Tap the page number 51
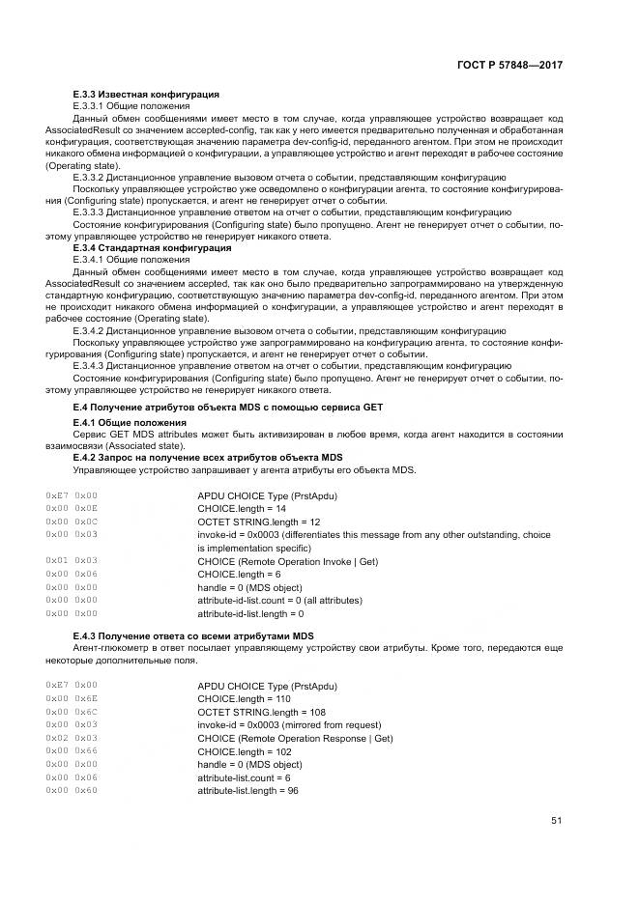point(556,821)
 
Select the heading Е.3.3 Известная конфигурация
point(146,94)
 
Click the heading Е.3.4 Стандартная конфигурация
point(153,247)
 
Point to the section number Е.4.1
point(87,424)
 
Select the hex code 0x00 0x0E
point(72,508)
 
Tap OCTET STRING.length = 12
point(258,522)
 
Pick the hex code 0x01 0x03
point(72,561)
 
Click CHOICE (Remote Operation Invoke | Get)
point(287,561)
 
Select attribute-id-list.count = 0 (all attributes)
point(279,601)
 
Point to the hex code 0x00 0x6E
point(72,699)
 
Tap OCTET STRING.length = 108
point(261,713)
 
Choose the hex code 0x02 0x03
point(72,739)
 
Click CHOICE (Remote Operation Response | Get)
point(295,739)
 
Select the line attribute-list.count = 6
point(243,778)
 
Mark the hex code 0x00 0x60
point(72,791)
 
